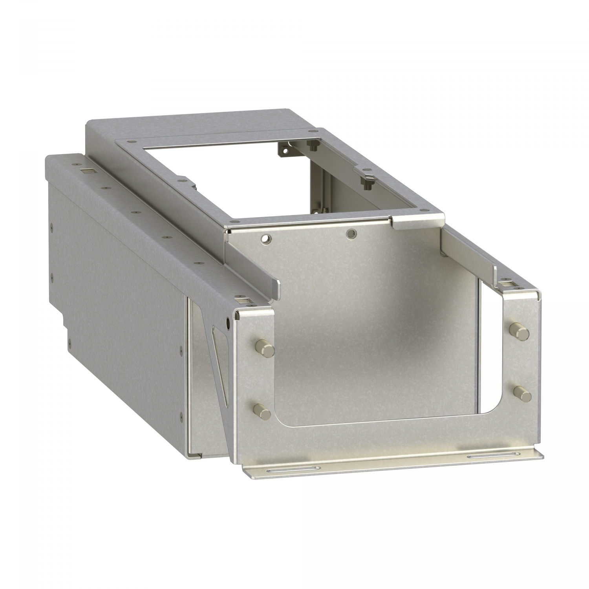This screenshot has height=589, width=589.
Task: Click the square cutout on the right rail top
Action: click(506, 283)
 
